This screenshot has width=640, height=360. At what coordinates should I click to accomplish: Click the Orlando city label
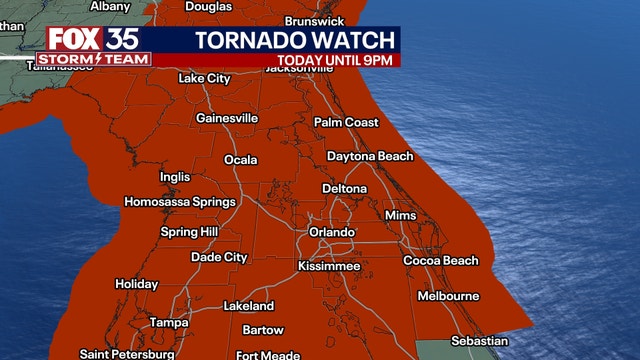point(333,233)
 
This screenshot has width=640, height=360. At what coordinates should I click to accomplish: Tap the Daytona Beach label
point(370,157)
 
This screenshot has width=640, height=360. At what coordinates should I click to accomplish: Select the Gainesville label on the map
point(227,118)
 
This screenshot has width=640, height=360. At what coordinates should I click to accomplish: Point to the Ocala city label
point(240,160)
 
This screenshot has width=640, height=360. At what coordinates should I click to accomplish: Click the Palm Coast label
point(347,122)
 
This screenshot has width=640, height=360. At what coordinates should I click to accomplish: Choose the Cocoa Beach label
point(441,261)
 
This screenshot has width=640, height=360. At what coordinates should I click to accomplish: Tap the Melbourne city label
point(448,297)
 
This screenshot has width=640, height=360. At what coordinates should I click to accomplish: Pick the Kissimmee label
point(329,266)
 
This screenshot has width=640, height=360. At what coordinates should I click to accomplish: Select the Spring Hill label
point(188,233)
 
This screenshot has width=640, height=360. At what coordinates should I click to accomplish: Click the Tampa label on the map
point(169,323)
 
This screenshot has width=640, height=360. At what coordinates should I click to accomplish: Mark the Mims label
point(400,216)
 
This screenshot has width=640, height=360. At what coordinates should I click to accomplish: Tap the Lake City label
point(204,78)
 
